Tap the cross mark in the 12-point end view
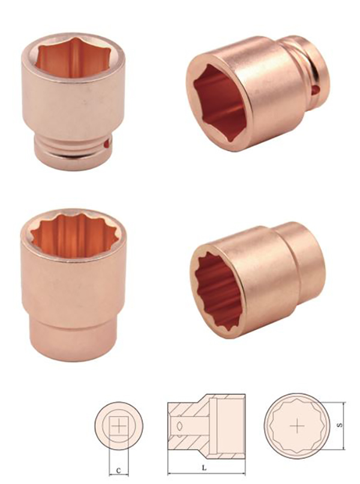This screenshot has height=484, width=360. click(296, 426)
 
